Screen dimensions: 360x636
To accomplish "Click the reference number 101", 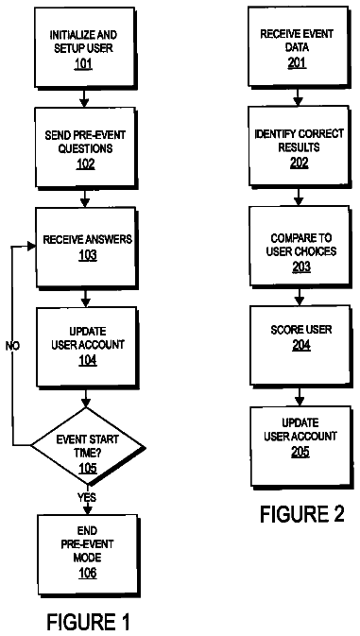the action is (83, 64).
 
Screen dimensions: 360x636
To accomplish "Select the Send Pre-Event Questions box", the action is (86, 147).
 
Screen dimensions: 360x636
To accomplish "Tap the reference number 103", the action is (88, 256).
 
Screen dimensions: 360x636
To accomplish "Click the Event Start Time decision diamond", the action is (88, 447).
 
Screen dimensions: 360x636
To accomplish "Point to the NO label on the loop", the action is (13, 346).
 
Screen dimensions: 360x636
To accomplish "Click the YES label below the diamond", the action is (87, 497).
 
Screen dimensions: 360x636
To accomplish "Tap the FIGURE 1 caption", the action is (89, 622).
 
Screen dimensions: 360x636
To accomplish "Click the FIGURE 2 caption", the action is (302, 514).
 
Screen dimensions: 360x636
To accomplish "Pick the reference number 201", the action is (299, 61).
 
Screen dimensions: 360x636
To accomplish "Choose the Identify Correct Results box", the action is (300, 146).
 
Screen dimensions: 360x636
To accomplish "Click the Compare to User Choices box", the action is (300, 247).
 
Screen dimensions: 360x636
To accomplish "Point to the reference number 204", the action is (300, 346).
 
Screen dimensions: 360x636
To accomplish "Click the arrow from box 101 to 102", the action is (84, 97).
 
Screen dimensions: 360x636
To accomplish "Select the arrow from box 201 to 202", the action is (299, 96).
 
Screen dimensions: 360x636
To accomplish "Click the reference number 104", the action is (88, 360).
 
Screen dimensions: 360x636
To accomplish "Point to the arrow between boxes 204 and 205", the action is (300, 396).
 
